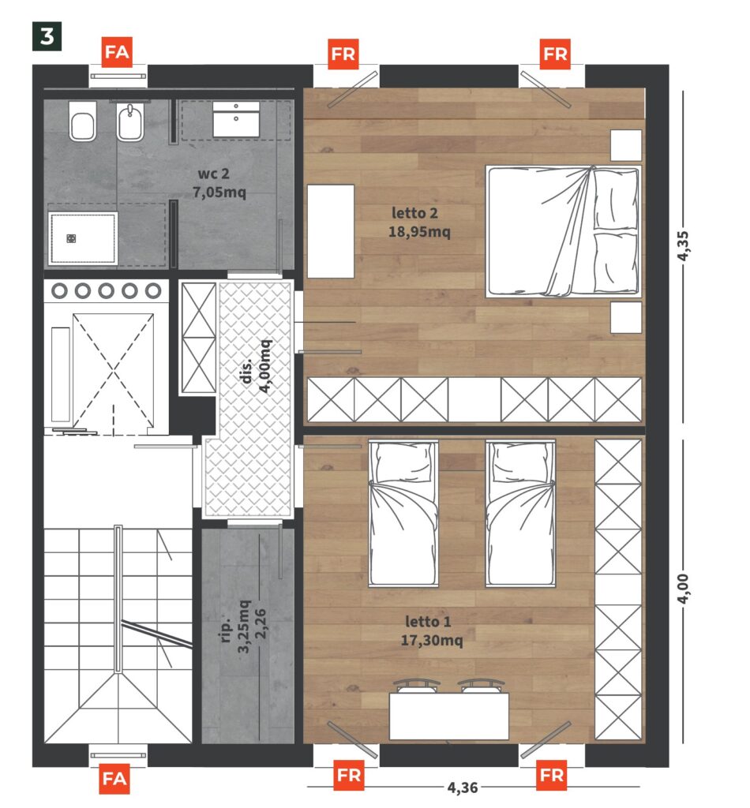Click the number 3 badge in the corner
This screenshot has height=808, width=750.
click(x=47, y=36)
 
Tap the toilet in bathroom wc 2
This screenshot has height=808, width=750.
click(x=82, y=121)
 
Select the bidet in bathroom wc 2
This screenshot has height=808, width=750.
click(x=130, y=122)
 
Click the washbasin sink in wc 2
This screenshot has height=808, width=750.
click(x=236, y=119)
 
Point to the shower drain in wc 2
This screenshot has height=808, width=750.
click(x=71, y=238)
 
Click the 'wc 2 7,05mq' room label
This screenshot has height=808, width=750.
click(x=219, y=183)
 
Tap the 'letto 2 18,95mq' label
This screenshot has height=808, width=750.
click(x=419, y=222)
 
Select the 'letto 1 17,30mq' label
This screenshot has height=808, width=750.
click(x=431, y=630)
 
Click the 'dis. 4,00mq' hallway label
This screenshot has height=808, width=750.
click(x=257, y=366)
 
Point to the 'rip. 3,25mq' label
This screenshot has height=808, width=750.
click(x=235, y=627)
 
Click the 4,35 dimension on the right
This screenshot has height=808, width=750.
click(x=682, y=246)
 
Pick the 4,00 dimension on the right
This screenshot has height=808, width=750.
click(x=682, y=589)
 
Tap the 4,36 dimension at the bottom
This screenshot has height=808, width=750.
click(x=463, y=787)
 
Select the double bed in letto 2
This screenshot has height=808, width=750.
click(x=564, y=231)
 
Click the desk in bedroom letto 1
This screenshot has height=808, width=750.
click(x=449, y=716)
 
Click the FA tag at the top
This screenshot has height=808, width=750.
click(x=117, y=52)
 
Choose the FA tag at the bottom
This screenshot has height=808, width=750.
click(x=114, y=779)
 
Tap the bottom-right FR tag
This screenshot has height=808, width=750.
click(x=552, y=775)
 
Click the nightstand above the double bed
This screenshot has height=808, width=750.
click(x=626, y=145)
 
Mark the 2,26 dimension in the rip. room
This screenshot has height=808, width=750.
click(x=261, y=623)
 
